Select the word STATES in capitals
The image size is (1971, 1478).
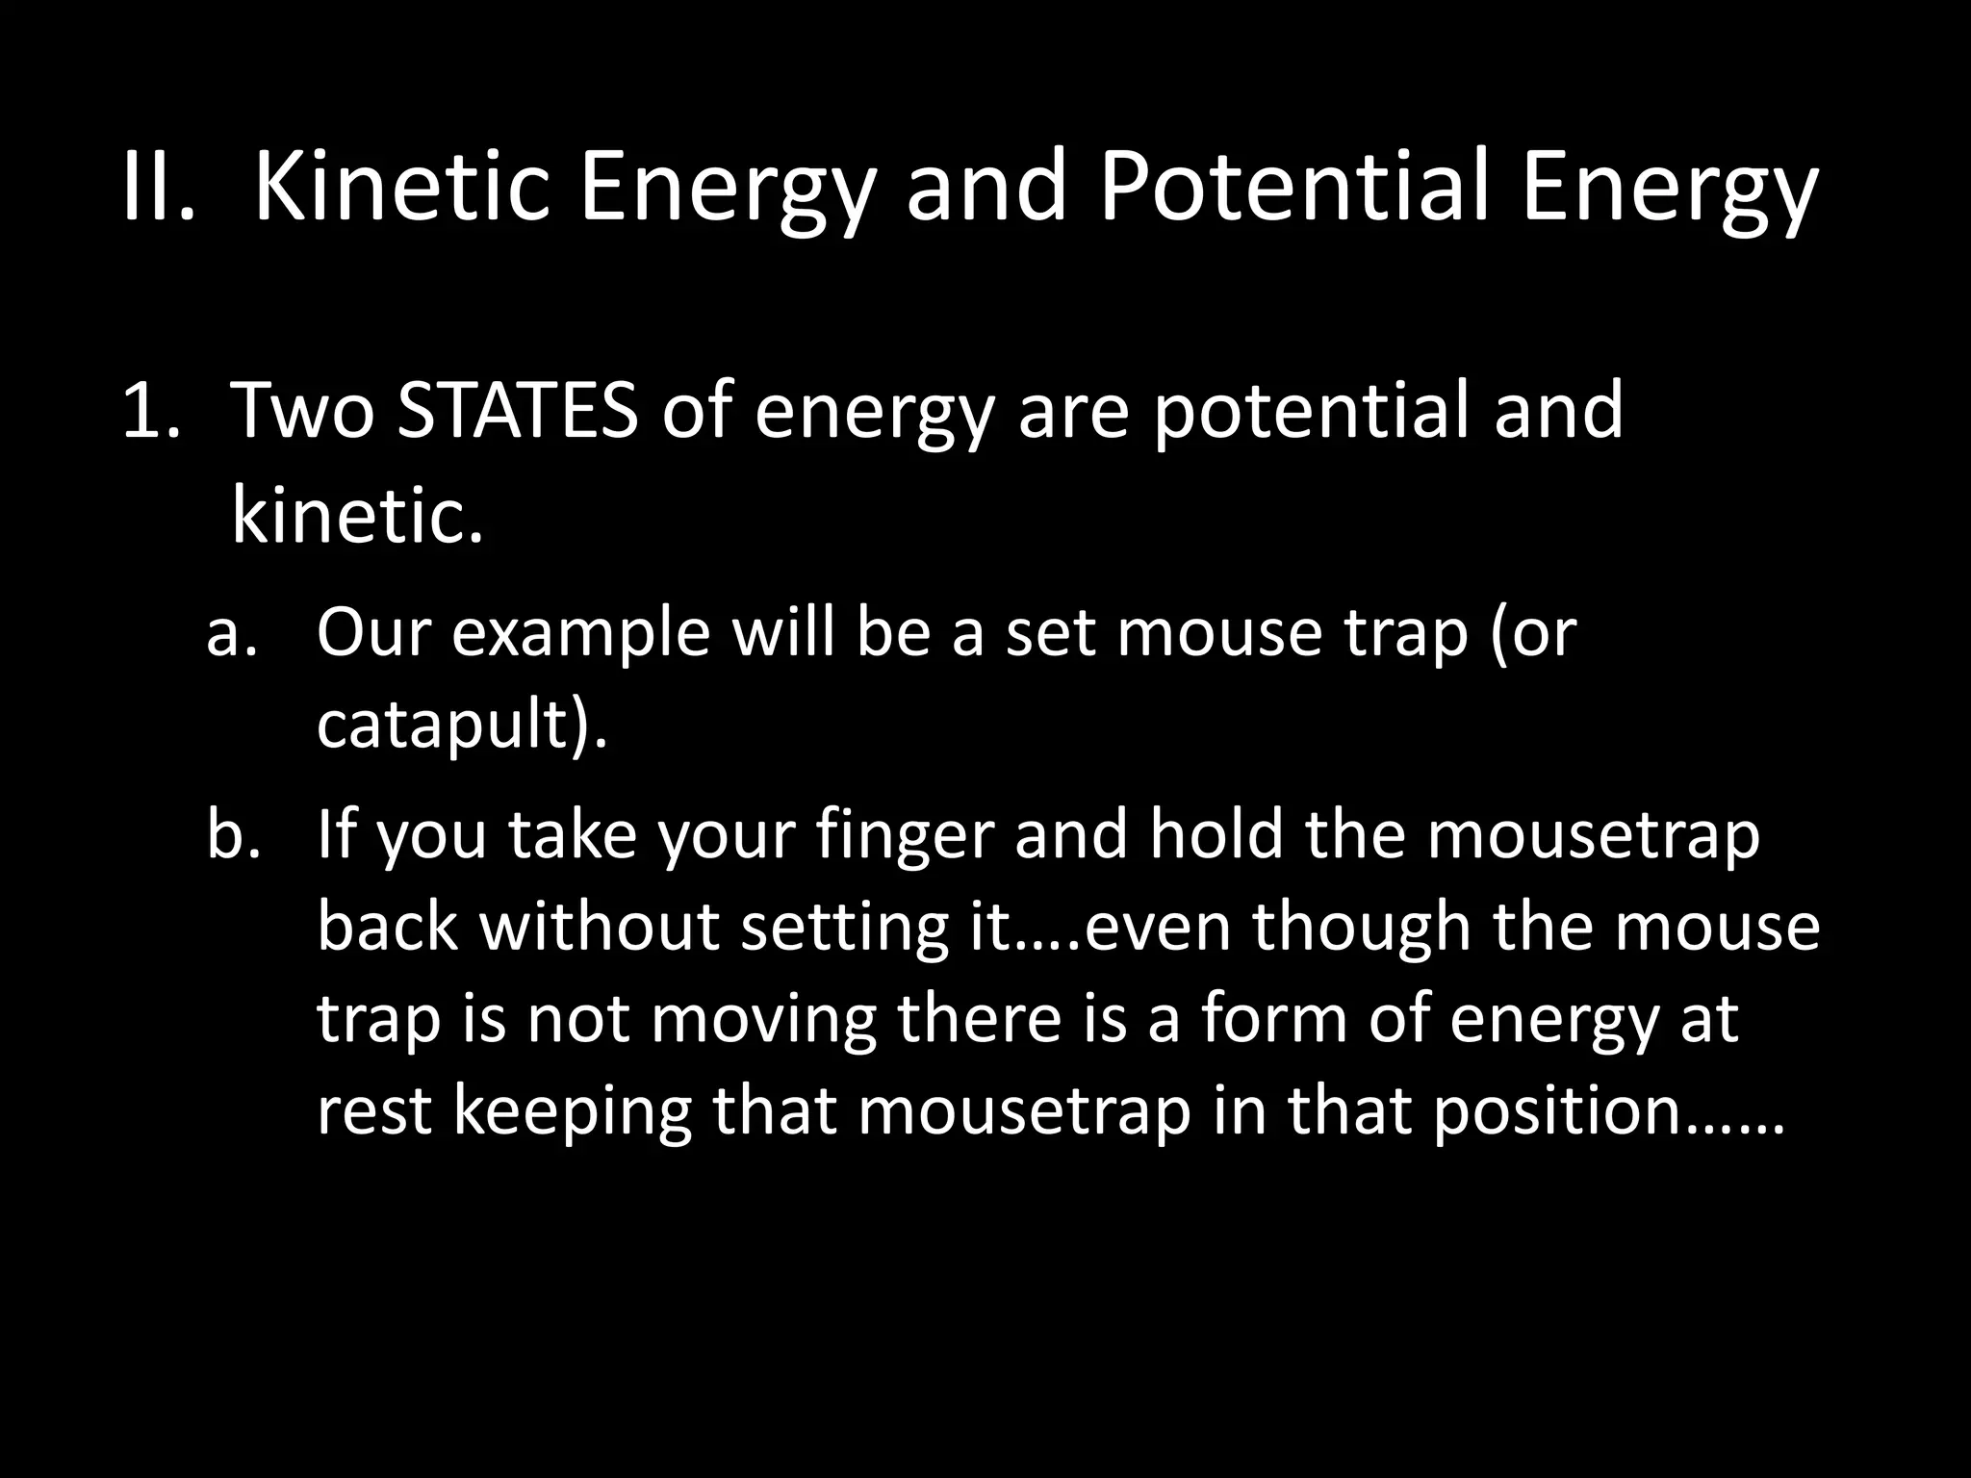518,411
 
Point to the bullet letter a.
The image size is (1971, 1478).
232,634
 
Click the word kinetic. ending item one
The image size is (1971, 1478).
356,516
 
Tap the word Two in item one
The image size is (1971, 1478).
301,411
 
